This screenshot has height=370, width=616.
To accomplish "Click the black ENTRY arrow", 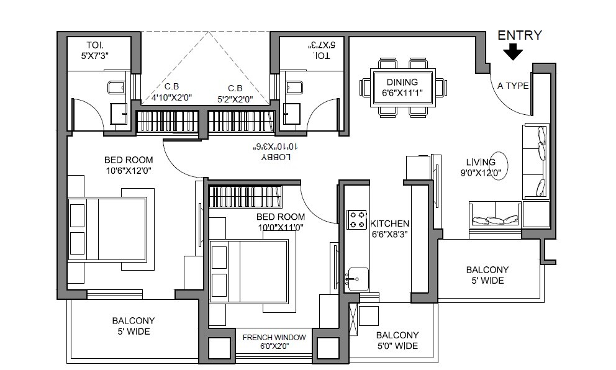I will [512, 53].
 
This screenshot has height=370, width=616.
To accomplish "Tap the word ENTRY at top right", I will [520, 35].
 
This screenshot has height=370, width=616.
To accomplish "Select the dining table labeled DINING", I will [402, 88].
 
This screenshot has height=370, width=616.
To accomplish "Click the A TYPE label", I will [513, 86].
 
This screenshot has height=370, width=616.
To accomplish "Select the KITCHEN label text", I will [389, 223].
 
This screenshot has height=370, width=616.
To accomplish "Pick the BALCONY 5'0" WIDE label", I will [397, 340].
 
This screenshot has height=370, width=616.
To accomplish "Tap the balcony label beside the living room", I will [487, 275].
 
